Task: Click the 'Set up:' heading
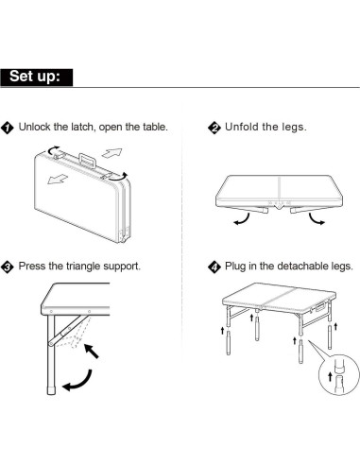point(35,77)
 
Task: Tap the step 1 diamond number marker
point(8,128)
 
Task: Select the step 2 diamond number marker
point(214,128)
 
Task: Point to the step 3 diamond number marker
point(8,267)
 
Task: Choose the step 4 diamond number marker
point(214,267)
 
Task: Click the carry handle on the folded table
point(88,161)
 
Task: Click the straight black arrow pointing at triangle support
point(92,351)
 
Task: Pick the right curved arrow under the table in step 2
point(316,219)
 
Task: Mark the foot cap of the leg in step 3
point(51,389)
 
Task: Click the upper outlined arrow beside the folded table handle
point(111,153)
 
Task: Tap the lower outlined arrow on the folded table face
point(58,179)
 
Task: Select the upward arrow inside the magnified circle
point(330,376)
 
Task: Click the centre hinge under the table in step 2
point(279,205)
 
